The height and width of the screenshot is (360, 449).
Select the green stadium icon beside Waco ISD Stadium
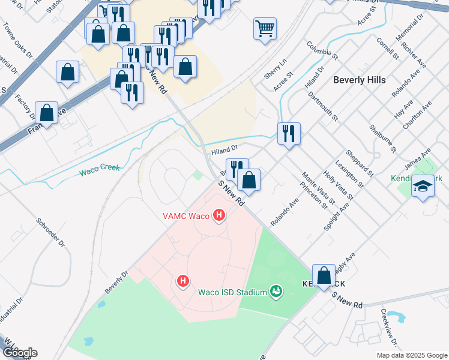(x=276, y=292)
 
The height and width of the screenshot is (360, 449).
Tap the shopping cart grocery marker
(x=265, y=28)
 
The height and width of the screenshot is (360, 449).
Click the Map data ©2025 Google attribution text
(x=411, y=355)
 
